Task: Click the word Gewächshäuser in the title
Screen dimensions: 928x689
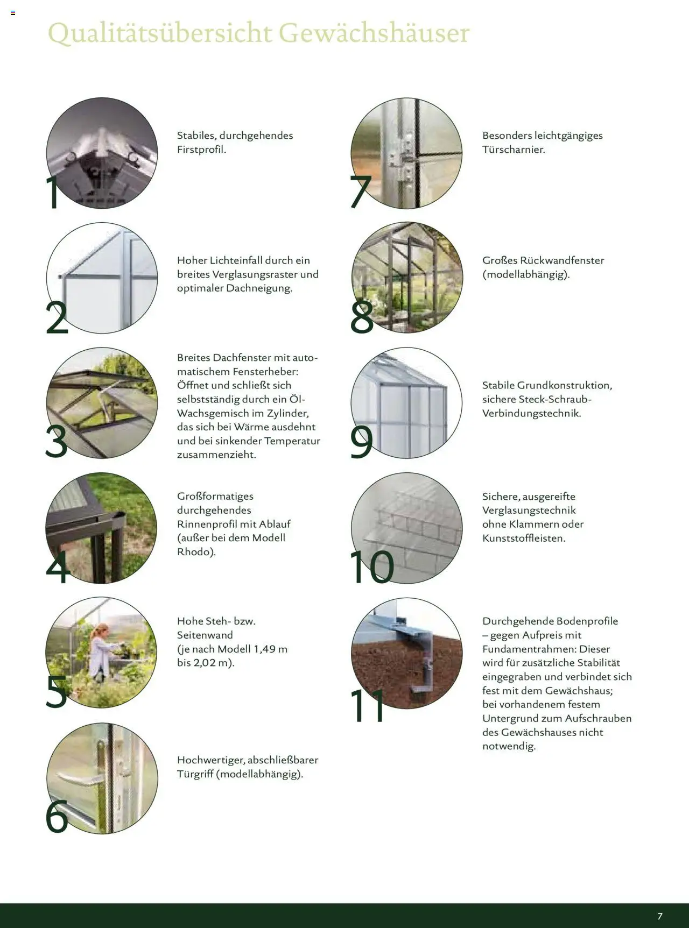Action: coord(374,33)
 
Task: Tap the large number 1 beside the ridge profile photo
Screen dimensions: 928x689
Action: coord(54,193)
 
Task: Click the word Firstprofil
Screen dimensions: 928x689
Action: coord(201,150)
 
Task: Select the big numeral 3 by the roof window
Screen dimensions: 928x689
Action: coord(57,441)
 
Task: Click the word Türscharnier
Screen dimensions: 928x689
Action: coord(513,150)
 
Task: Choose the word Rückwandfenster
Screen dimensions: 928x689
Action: coord(562,260)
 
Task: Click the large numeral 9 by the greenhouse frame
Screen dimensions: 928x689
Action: coord(362,442)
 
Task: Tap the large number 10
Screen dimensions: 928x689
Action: coord(371,567)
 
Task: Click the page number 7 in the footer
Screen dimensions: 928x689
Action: coord(660,916)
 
